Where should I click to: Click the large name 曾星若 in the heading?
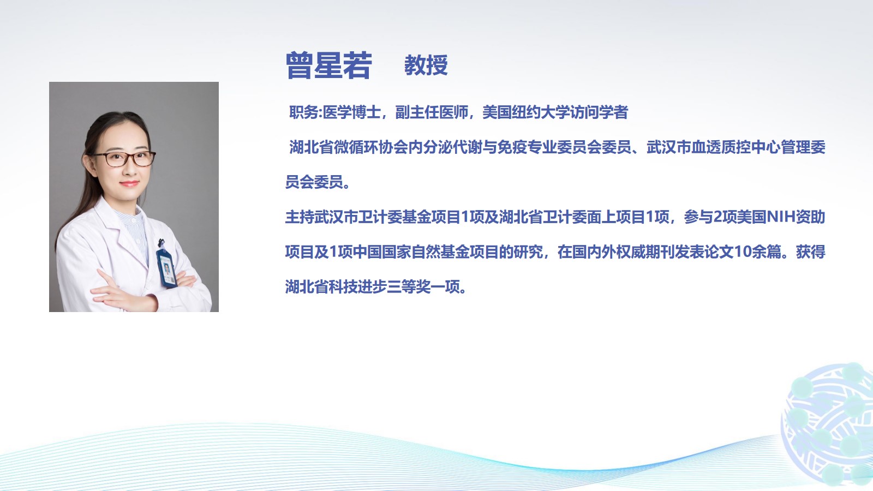coord(329,65)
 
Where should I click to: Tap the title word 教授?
coord(426,65)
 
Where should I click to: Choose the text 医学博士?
coord(351,112)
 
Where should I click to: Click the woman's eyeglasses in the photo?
coord(124,158)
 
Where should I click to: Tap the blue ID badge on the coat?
coord(166,268)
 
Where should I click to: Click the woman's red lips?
coord(129,183)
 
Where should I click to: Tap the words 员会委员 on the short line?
coord(314,182)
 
